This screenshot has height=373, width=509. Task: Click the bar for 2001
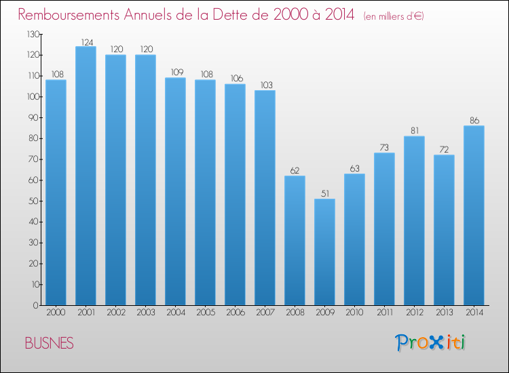click(86, 176)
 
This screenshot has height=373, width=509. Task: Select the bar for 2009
click(324, 252)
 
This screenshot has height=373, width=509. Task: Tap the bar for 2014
click(474, 216)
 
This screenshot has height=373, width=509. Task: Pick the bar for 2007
click(265, 197)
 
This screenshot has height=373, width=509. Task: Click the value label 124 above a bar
click(87, 42)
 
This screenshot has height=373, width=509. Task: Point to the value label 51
click(325, 194)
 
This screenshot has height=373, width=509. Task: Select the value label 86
click(474, 121)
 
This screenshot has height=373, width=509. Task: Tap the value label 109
click(177, 72)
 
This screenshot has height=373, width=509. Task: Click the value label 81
click(415, 131)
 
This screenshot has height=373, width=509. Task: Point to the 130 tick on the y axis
click(33, 34)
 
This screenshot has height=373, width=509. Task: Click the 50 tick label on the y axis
click(33, 201)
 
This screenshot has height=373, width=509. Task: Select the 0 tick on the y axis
click(36, 305)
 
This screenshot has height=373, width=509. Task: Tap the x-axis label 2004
click(176, 313)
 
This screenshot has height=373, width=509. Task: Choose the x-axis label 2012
click(415, 313)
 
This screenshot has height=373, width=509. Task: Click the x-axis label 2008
click(295, 313)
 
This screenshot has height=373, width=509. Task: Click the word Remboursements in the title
click(69, 15)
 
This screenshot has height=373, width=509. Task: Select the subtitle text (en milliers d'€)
click(394, 16)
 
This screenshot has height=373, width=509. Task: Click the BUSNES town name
click(50, 343)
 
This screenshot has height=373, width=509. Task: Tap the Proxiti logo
click(430, 342)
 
